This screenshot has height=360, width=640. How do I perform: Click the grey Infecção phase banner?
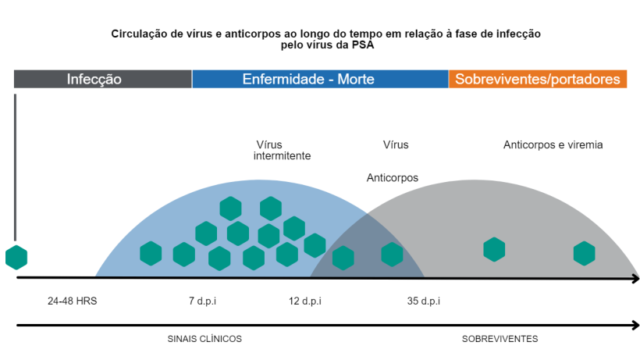[x=102, y=79]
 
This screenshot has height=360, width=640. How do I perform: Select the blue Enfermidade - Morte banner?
[x=320, y=79]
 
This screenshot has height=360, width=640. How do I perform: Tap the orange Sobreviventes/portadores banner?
[x=538, y=79]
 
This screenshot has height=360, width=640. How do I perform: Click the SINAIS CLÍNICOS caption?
[x=204, y=339]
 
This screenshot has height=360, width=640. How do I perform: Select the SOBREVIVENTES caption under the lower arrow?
[x=500, y=339]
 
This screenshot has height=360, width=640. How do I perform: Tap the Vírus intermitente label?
[x=282, y=150]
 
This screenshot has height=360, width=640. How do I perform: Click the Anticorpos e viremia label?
[x=553, y=144]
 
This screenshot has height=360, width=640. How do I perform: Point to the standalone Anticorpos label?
[x=392, y=178]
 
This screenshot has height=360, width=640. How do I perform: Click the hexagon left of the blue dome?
[x=16, y=257]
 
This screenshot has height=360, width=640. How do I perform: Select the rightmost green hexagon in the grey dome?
[x=584, y=253]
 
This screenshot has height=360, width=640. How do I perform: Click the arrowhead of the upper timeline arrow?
[x=635, y=277]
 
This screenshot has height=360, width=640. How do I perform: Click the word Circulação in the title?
[x=140, y=34]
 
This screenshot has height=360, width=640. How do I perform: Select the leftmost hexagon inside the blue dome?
[x=151, y=254]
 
